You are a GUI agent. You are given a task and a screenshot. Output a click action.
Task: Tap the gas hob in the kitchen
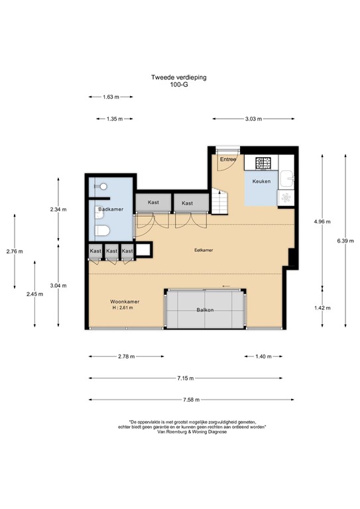264,162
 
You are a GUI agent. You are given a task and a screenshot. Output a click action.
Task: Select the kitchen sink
286,178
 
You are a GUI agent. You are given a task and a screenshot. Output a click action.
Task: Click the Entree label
228,159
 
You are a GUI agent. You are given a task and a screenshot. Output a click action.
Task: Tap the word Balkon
205,310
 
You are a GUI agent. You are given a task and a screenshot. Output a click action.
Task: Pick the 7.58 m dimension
189,400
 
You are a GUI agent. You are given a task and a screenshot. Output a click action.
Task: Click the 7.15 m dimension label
189,378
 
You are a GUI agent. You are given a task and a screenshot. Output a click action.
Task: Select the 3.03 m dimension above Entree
253,119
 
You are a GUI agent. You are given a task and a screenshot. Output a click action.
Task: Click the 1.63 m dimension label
111,97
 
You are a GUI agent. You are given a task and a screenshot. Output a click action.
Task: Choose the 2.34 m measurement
58,209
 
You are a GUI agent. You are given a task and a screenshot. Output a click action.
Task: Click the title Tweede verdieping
179,78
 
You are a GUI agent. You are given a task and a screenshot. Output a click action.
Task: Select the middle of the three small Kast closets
111,251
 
